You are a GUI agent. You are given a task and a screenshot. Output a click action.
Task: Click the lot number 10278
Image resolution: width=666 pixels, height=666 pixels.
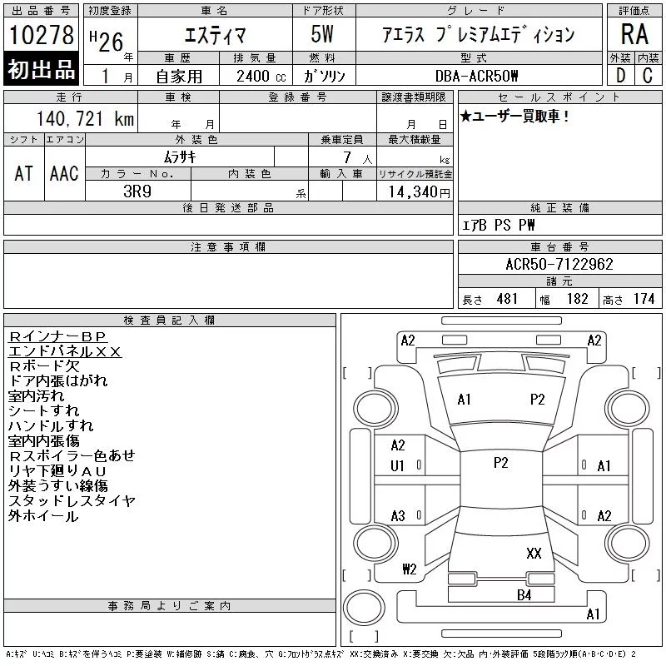point(41,34)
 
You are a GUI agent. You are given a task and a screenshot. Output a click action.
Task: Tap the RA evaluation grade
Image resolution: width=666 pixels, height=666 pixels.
point(634,33)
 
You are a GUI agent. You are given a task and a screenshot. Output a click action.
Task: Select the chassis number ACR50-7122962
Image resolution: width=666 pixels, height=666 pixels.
point(559,264)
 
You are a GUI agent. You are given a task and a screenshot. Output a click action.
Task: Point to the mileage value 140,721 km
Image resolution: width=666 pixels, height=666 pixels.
point(85,118)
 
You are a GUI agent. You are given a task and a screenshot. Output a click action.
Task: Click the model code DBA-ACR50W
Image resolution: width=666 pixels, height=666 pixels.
point(476,76)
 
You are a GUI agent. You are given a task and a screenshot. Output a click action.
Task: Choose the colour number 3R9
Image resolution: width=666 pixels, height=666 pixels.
point(137,191)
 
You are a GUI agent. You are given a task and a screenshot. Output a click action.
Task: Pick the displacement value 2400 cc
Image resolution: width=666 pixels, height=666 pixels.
point(261,76)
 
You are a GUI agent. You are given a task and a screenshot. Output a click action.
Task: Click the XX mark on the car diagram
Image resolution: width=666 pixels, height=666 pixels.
point(534,553)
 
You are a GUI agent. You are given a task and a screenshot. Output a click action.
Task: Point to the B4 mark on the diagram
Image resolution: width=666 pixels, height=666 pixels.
point(524,595)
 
